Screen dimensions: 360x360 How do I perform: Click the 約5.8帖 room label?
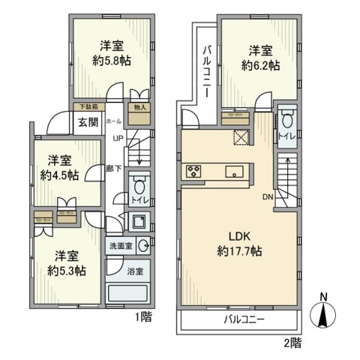coord(112,61)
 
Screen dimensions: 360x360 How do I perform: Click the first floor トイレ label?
coord(139,202)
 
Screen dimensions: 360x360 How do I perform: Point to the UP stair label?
coord(118,139)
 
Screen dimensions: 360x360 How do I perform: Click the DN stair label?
coord(267,199)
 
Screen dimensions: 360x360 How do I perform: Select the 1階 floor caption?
coord(145,317)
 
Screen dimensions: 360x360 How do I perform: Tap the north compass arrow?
coord(324,316)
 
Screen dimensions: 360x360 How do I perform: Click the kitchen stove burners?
coord(193,170)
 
